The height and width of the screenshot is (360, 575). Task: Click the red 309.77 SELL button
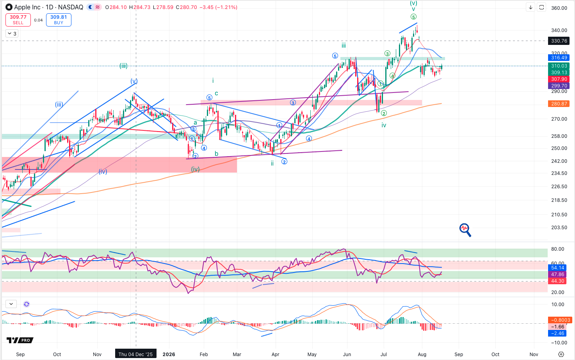[x=18, y=20]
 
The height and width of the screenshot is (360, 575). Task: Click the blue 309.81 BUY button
[x=59, y=20]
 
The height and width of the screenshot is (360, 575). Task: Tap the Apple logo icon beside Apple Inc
[x=9, y=7]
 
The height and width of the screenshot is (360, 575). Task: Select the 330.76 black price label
[x=559, y=41]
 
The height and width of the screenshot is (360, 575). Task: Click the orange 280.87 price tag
[x=559, y=104]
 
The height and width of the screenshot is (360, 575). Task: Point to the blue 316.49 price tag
[x=559, y=58]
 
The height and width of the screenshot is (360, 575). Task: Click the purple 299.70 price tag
[x=559, y=86]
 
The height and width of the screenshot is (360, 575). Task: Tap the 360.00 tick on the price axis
[x=559, y=8]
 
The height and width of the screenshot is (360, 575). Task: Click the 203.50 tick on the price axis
[x=559, y=228]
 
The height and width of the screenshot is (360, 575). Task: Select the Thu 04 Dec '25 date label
[x=135, y=355]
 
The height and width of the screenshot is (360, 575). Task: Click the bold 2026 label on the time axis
[x=169, y=355]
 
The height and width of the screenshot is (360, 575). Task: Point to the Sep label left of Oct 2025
[x=20, y=355]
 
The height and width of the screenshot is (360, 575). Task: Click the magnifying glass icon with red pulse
[x=465, y=230]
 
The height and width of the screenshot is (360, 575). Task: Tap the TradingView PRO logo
[x=20, y=340]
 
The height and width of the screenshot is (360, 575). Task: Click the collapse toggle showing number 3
[x=12, y=34]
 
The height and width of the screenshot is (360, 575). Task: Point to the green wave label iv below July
[x=384, y=125]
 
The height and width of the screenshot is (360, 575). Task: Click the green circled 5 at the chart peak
[x=413, y=17]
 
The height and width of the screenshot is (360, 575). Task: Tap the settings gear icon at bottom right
[x=561, y=355]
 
